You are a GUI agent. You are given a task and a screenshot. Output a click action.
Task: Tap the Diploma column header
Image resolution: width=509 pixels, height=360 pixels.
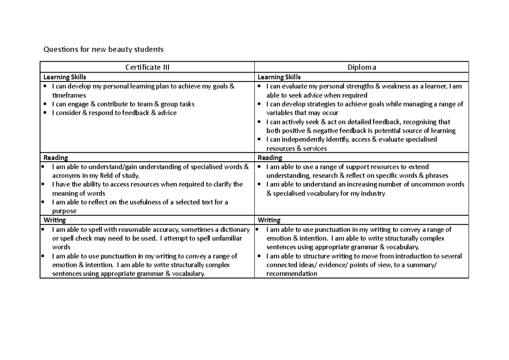pyautogui.click(x=361, y=67)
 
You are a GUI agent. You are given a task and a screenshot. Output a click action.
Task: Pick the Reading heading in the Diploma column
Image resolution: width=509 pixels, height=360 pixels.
pyautogui.click(x=270, y=157)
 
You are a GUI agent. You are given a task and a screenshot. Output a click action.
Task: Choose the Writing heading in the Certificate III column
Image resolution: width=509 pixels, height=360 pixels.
pyautogui.click(x=55, y=220)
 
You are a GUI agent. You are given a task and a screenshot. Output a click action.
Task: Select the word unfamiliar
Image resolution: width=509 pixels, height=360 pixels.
pyautogui.click(x=227, y=239)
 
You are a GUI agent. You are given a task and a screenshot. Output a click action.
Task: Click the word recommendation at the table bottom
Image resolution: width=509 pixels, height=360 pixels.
pyautogui.click(x=291, y=274)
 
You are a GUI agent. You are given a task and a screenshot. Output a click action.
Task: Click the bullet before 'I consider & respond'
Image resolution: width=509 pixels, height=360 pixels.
pyautogui.click(x=45, y=113)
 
